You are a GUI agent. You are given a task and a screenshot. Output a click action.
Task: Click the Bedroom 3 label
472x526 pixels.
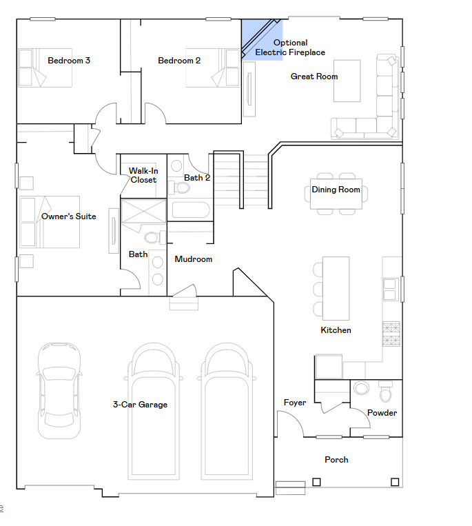(69, 61)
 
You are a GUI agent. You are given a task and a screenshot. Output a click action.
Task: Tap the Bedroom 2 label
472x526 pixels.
(179, 61)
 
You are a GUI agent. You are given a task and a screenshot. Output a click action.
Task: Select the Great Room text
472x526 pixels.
(314, 77)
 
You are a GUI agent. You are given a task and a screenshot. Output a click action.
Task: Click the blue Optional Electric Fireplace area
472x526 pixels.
(262, 39)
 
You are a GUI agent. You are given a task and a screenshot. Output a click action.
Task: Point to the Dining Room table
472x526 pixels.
(336, 194)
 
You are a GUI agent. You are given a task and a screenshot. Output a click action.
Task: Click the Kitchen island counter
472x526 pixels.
(336, 288)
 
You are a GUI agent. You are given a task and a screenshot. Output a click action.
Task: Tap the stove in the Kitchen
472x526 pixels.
(391, 334)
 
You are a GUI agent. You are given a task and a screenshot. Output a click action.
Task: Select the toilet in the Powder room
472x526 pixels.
(385, 392)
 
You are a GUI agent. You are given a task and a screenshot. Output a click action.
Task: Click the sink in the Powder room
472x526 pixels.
(361, 388)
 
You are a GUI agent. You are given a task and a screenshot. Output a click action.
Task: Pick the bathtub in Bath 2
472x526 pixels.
(191, 210)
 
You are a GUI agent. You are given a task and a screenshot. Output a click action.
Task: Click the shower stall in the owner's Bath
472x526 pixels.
(143, 211)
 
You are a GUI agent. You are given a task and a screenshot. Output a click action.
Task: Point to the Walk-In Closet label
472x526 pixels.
(143, 175)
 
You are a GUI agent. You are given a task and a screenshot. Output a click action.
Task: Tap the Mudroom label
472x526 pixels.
(194, 259)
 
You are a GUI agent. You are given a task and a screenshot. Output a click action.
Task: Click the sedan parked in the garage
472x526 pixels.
(59, 391)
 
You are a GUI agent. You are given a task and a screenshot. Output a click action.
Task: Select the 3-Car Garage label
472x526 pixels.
(140, 405)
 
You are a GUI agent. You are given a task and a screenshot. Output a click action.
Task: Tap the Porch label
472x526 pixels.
(336, 460)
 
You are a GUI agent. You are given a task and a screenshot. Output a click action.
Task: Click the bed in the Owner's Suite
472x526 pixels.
(50, 222)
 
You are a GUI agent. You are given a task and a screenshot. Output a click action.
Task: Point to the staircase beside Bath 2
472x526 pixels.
(240, 180)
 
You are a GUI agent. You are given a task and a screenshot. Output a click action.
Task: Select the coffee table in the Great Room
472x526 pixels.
(347, 81)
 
